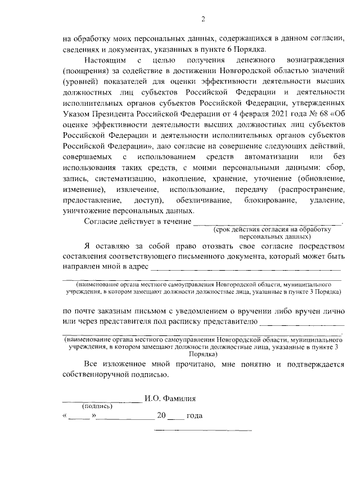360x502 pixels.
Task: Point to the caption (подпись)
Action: click(97, 406)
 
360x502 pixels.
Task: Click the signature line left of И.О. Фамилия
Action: click(101, 400)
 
